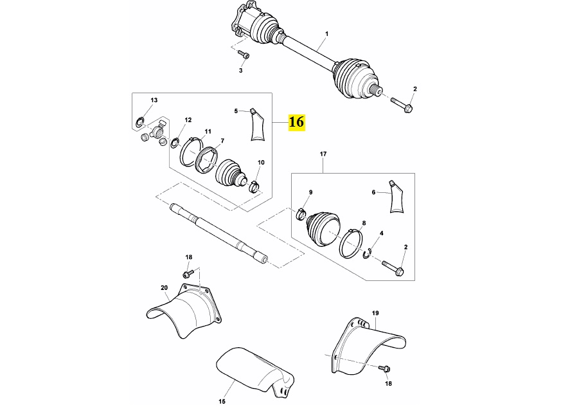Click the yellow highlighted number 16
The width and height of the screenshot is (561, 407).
pyautogui.click(x=297, y=122)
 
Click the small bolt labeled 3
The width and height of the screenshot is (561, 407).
pyautogui.click(x=244, y=55)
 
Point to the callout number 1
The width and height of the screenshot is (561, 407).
pyautogui.click(x=326, y=33)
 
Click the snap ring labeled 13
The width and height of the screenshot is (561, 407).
pyautogui.click(x=139, y=122)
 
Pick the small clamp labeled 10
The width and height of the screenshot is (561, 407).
pyautogui.click(x=254, y=186)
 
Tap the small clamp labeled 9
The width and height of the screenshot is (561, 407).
pyautogui.click(x=301, y=213)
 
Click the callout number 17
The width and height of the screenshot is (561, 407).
pyautogui.click(x=323, y=154)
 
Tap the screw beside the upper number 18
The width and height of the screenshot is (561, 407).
pyautogui.click(x=188, y=274)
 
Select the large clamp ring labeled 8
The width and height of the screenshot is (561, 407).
pyautogui.click(x=351, y=244)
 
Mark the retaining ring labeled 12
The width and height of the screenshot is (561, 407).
pyautogui.click(x=175, y=143)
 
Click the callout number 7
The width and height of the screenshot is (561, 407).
pyautogui.click(x=222, y=141)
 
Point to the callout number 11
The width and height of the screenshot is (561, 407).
pyautogui.click(x=208, y=131)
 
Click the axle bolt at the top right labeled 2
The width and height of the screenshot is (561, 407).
pyautogui.click(x=402, y=104)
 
